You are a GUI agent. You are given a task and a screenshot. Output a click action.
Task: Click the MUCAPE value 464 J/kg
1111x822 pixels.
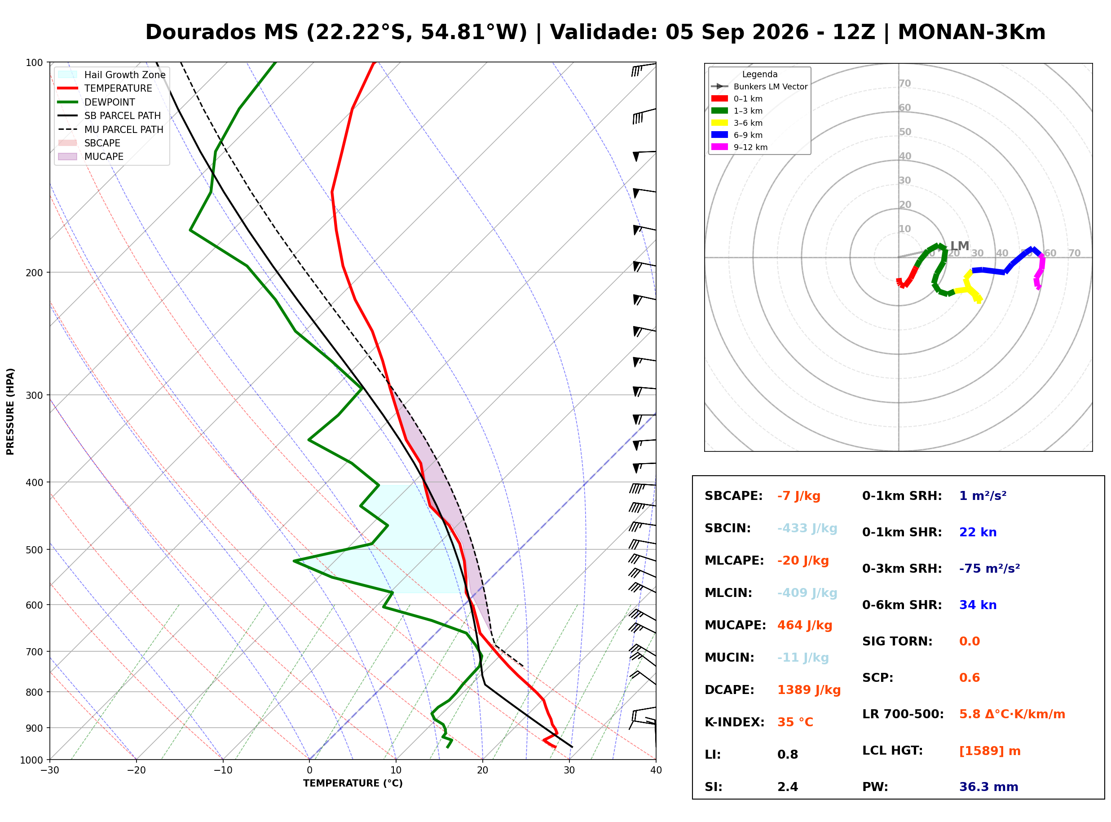point(805,625)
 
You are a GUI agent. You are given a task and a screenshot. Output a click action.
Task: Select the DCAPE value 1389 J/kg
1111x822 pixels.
point(809,690)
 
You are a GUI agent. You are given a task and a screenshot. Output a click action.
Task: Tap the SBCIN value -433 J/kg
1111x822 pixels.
point(807,528)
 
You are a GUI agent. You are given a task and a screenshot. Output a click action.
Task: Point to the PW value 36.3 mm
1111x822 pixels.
point(989,787)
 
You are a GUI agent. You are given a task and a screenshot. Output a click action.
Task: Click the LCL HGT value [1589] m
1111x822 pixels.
point(990,751)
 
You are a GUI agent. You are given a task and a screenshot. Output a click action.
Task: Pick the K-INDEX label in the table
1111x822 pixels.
point(735,722)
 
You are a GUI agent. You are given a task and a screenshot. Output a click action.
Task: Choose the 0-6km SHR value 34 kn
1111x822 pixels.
point(978,605)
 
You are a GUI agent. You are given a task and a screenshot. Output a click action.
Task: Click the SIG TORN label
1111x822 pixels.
point(897,641)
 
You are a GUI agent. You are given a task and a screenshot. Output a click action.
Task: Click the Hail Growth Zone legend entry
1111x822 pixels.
point(112,75)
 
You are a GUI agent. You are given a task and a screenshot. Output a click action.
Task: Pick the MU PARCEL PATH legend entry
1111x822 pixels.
point(110,129)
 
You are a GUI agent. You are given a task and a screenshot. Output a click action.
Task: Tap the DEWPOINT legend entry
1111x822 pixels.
point(97,102)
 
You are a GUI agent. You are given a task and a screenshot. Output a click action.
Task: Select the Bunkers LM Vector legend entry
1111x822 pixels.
point(759,87)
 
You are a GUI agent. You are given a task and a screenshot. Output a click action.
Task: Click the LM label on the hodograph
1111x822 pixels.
point(959,246)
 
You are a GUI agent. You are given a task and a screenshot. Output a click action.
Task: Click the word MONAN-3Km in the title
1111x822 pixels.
point(971,32)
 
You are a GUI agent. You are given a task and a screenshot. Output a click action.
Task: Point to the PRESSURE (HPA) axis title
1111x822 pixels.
point(10,411)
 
